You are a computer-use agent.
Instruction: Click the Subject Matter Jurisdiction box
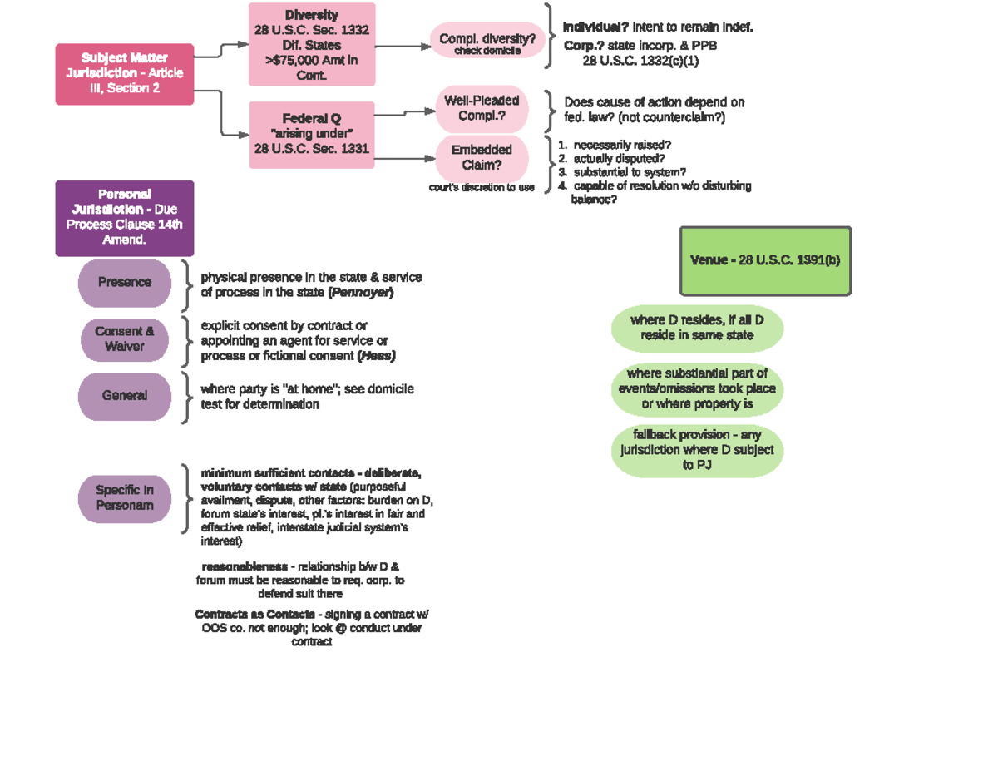click(x=125, y=74)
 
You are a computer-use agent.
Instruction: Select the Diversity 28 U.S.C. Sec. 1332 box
click(x=312, y=44)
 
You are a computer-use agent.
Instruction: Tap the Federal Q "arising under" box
click(x=312, y=134)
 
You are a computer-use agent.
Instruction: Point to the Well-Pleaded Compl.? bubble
click(x=482, y=108)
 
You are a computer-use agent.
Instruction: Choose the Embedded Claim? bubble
click(x=482, y=157)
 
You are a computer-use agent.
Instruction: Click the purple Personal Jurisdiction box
click(x=125, y=218)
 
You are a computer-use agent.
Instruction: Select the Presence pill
click(x=125, y=283)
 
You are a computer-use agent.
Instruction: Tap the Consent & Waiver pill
click(x=125, y=339)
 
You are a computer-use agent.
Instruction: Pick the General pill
click(x=125, y=396)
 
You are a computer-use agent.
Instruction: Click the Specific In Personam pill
click(x=125, y=497)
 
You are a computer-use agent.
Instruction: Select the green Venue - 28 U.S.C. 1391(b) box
click(x=765, y=260)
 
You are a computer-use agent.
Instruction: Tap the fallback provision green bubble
click(x=697, y=451)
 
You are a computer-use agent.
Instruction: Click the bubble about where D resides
click(x=697, y=328)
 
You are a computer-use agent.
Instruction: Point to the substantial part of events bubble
click(x=697, y=389)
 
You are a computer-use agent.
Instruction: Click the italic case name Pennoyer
click(x=361, y=293)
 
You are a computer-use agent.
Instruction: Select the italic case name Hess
click(x=376, y=356)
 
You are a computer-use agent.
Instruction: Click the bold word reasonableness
click(x=245, y=566)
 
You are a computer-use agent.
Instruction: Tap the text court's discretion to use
click(x=482, y=188)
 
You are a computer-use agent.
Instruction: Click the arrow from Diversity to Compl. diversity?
click(x=403, y=47)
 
